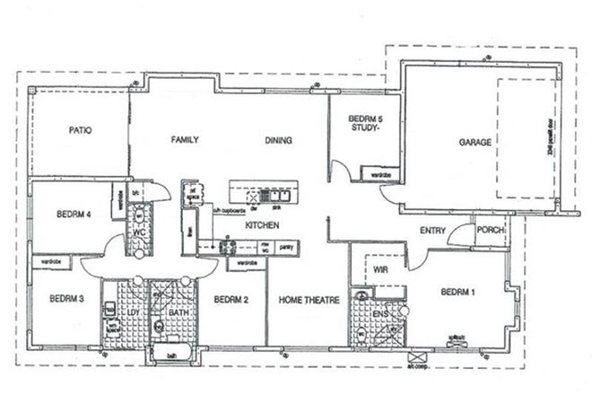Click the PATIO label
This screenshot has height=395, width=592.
coord(81,130)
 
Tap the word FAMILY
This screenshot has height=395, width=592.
coord(185,140)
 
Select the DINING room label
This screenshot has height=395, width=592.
coord(279,140)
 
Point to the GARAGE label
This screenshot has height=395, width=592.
coord(474,142)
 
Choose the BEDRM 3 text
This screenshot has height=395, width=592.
coord(66,299)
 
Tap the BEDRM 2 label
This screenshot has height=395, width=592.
coord(231,299)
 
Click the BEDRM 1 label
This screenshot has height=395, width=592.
coord(457,292)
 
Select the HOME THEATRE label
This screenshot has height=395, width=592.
coord(305,299)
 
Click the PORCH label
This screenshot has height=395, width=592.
coord(491,230)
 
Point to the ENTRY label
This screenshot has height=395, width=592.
coord(433,231)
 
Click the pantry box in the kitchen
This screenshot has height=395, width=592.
coord(286,245)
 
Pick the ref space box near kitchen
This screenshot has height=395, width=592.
coord(190,190)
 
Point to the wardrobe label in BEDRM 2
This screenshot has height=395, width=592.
coord(242,264)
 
